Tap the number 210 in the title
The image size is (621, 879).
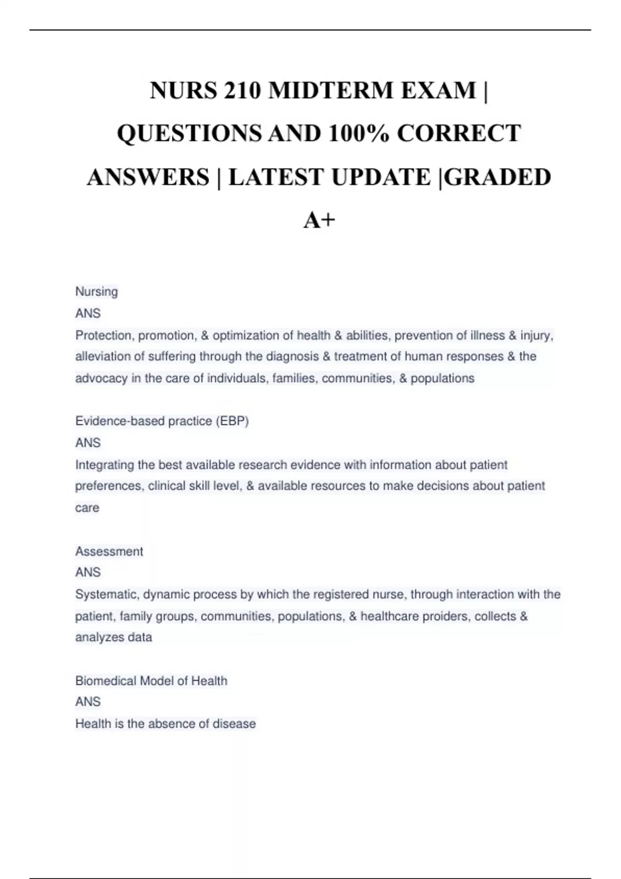[242, 90]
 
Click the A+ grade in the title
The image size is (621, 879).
[319, 220]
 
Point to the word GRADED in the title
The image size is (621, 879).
[497, 177]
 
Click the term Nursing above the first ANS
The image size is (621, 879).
[97, 292]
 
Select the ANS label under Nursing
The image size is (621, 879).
[88, 313]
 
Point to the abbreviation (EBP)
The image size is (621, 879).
[232, 421]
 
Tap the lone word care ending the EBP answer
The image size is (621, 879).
[87, 508]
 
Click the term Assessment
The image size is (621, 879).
[109, 551]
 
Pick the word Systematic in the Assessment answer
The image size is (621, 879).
[107, 595]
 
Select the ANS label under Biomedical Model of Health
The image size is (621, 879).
[88, 702]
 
